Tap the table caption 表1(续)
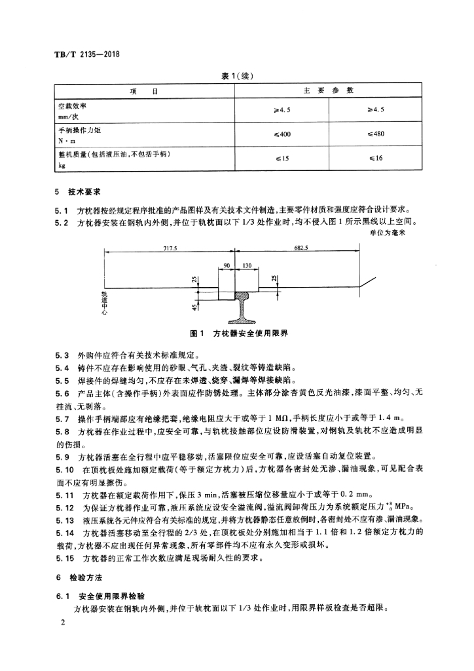237,76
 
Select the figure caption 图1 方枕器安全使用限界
239,334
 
